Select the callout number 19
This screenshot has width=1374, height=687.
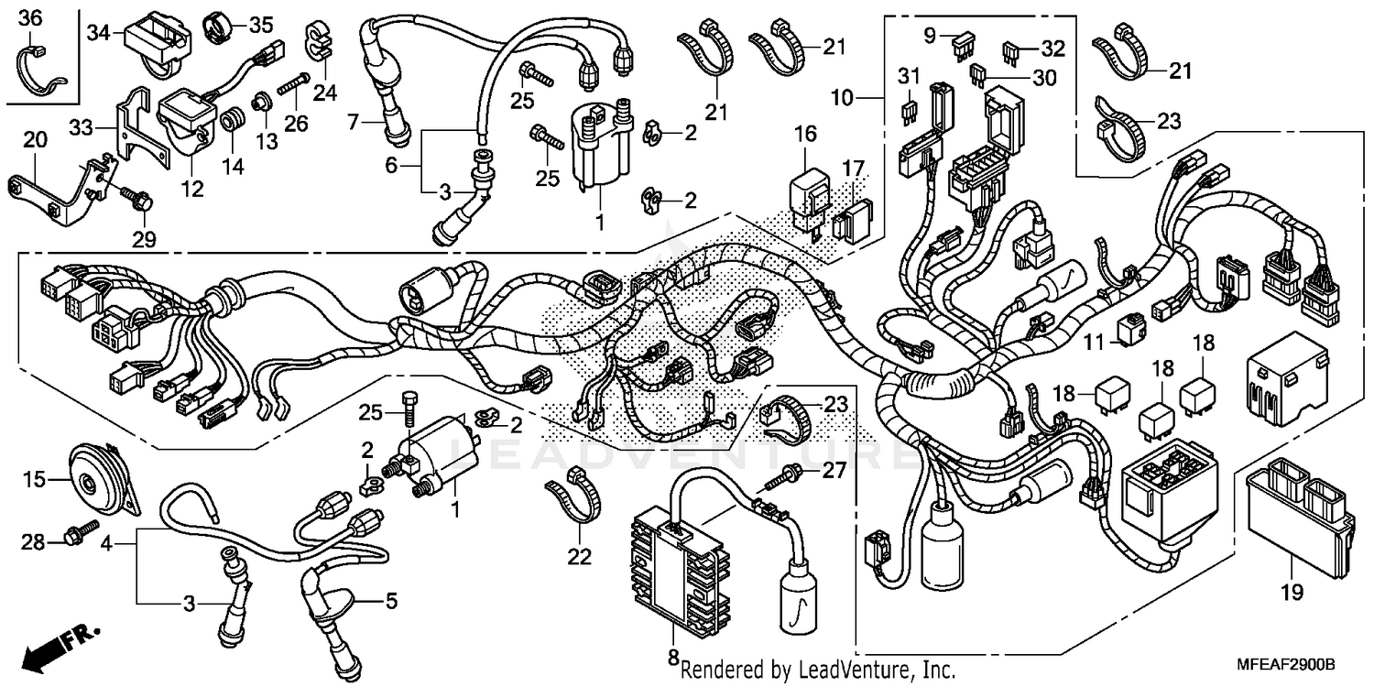pos(1291,594)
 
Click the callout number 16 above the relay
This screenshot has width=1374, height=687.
pos(804,136)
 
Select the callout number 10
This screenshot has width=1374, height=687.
pos(842,95)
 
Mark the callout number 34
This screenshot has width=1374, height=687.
pos(98,33)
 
